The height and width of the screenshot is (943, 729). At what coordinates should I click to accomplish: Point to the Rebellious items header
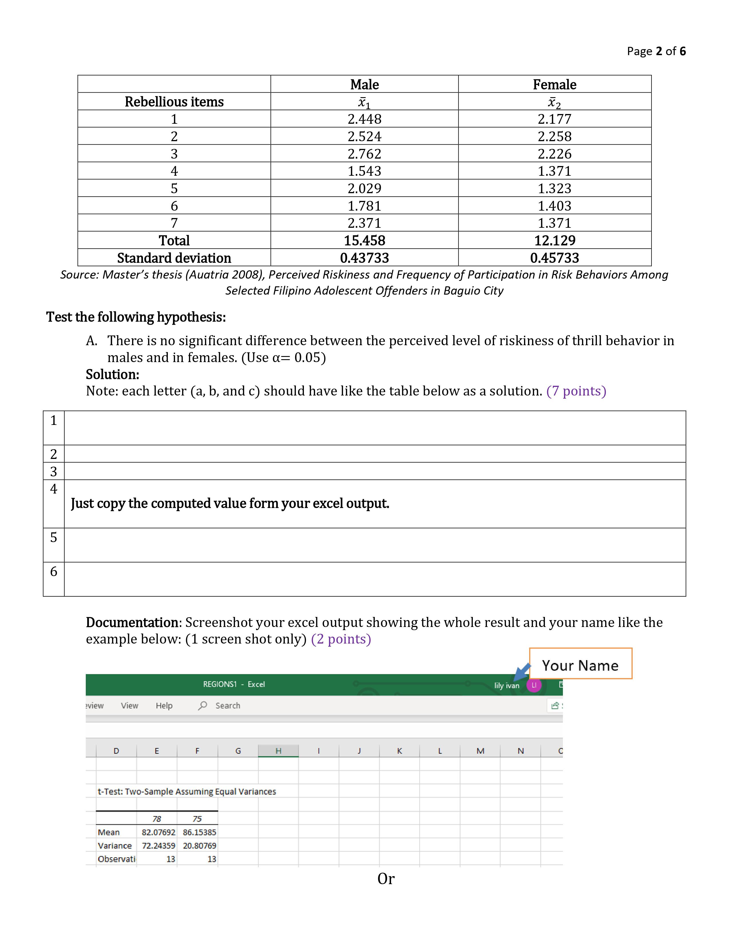click(174, 102)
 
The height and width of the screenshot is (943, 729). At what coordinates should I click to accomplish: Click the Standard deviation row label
click(174, 258)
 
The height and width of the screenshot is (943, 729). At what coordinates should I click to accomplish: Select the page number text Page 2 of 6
click(656, 51)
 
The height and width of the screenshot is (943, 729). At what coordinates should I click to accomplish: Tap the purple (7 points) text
click(576, 391)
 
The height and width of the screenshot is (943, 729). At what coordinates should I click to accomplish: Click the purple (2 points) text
click(341, 639)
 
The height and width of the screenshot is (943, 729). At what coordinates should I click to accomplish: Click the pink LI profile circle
click(534, 685)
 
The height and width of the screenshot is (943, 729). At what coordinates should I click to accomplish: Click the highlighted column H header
click(278, 751)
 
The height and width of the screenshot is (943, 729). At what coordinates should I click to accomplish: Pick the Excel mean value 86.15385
click(199, 832)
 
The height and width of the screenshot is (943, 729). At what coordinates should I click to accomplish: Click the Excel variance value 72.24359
click(158, 846)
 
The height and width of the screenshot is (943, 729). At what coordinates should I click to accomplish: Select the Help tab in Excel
click(164, 706)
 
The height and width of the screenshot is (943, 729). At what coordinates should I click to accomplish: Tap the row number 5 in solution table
click(53, 538)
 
